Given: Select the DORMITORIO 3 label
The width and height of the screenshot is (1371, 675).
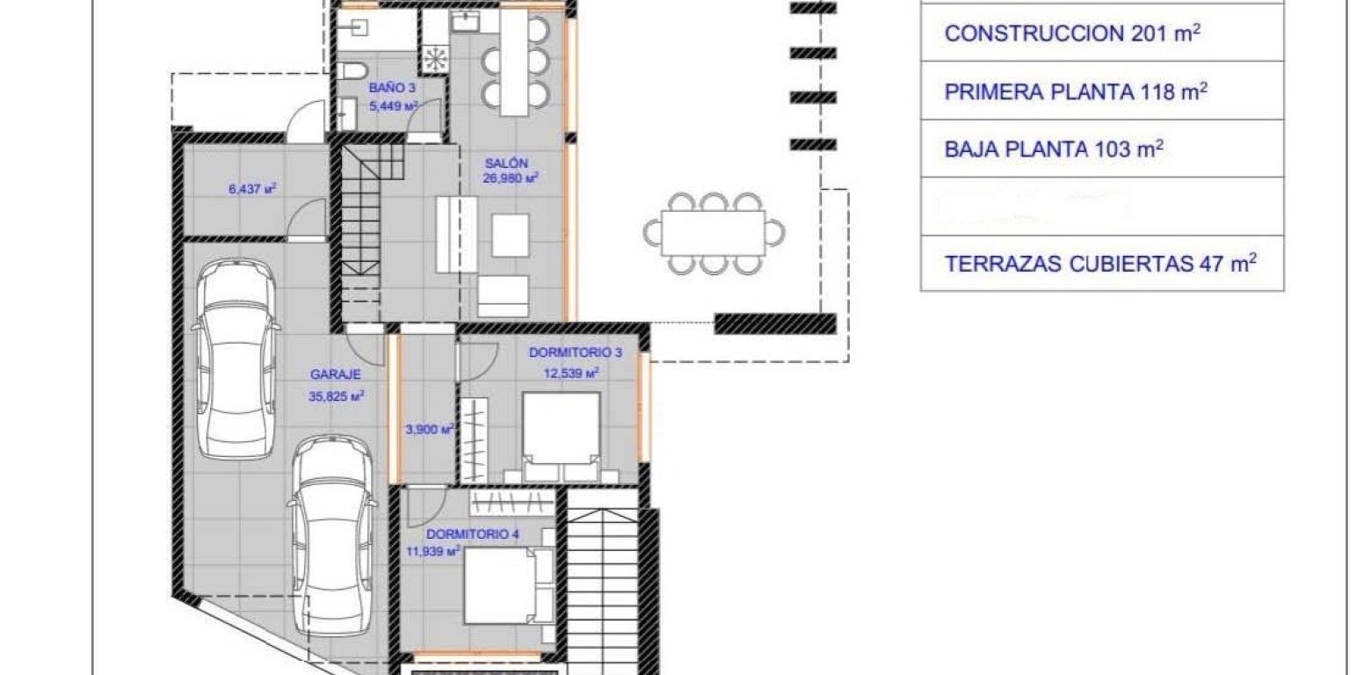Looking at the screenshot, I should click(x=576, y=353).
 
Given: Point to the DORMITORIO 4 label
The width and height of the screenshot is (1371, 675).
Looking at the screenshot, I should click(x=467, y=533).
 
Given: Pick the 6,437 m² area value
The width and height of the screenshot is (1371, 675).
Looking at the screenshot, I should click(x=252, y=187).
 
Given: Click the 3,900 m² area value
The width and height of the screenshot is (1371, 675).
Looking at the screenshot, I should click(x=429, y=430).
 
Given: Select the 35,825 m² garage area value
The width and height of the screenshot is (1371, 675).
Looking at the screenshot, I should click(x=337, y=396).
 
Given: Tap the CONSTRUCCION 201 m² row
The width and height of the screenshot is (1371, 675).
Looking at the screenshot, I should click(x=1072, y=33).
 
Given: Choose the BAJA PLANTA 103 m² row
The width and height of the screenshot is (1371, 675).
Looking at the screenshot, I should click(x=1054, y=149).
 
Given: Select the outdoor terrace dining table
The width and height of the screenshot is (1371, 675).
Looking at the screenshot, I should click(x=713, y=232).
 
